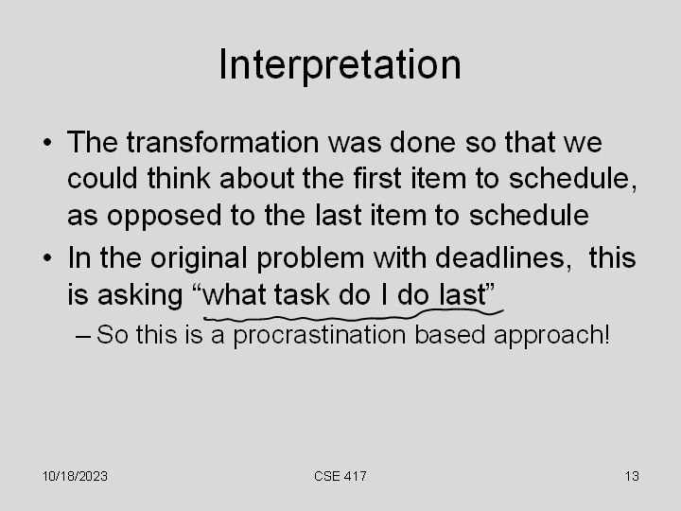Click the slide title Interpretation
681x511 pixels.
(340, 64)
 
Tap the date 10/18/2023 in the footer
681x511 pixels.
(75, 476)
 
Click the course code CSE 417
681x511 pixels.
(340, 476)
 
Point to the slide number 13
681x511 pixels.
(632, 476)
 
